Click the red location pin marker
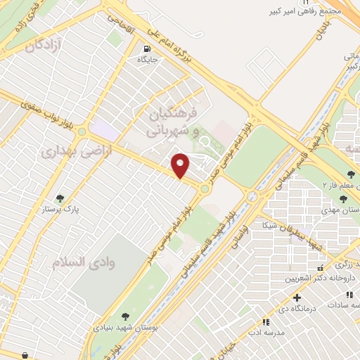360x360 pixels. coord(181,165)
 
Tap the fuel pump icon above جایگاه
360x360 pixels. coord(147,49)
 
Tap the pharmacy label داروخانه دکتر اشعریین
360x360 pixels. coord(314,278)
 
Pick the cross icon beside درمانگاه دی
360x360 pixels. coord(297,297)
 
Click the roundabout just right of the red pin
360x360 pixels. coord(205,188)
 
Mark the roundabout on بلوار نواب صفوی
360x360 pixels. coord(82,131)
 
